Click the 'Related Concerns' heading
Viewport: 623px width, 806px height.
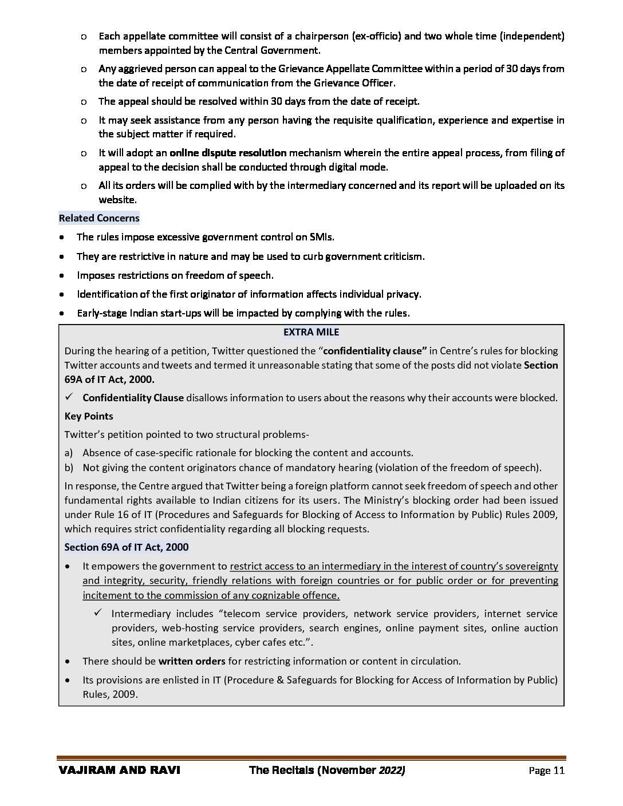99,218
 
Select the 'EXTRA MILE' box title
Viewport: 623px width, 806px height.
311,332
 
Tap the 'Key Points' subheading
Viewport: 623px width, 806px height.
89,416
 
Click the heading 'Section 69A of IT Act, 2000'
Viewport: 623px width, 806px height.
127,547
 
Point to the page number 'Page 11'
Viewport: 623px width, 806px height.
547,771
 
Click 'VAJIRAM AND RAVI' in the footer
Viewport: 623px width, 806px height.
119,771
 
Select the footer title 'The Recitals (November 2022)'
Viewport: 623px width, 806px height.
327,771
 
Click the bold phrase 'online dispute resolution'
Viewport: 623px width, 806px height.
228,153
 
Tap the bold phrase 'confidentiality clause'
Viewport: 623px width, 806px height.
376,351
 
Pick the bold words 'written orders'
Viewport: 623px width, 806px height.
192,661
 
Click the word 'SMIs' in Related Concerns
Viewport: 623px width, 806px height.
322,237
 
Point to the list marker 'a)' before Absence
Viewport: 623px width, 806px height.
69,453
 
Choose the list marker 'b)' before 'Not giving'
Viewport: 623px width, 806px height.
69,468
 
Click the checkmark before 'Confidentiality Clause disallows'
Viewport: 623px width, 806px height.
69,397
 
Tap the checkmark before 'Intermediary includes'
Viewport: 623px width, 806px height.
98,613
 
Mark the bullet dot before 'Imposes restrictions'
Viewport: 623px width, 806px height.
62,275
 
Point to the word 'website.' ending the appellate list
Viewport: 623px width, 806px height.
117,200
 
